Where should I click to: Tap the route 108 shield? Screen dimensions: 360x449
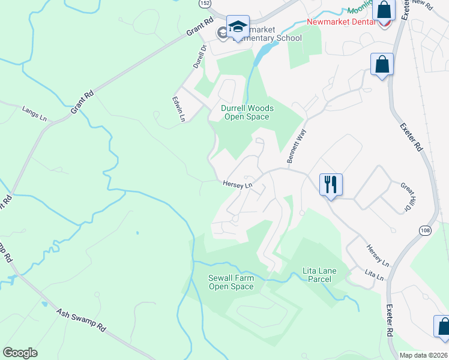(425, 230)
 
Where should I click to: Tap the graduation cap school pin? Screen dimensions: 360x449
(238, 27)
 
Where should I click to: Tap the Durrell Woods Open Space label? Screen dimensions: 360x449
(247, 112)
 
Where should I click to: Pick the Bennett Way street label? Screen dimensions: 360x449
(296, 145)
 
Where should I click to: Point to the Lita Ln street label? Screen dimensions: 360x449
(374, 275)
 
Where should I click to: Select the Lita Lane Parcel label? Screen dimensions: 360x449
(320, 275)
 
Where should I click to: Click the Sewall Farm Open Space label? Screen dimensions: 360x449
(231, 282)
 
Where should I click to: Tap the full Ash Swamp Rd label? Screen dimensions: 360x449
(81, 320)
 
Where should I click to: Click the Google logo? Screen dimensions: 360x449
(20, 353)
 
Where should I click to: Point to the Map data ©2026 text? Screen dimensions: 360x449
(424, 355)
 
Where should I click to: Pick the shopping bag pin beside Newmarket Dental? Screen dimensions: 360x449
(385, 10)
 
